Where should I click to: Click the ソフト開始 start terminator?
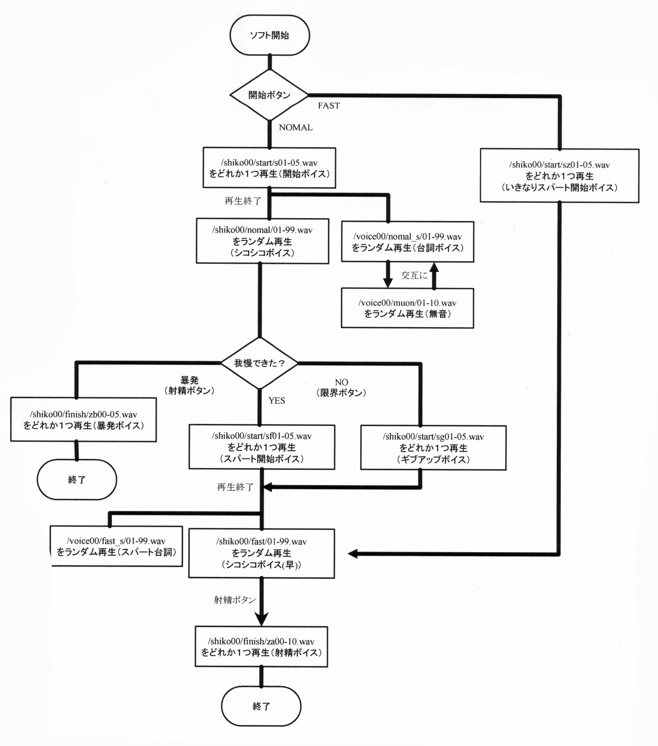[270, 35]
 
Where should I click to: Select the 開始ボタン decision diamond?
[269, 95]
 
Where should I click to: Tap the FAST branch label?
[328, 106]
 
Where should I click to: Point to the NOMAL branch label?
[295, 128]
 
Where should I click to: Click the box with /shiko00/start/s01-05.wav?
[269, 168]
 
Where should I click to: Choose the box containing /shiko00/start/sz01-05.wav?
[559, 175]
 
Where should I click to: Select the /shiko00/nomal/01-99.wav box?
[262, 241]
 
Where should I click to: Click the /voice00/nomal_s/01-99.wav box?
[407, 242]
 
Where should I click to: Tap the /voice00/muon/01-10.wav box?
[407, 308]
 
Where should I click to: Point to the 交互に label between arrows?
[414, 275]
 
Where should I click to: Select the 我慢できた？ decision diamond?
[260, 363]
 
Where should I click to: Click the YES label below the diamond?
[276, 401]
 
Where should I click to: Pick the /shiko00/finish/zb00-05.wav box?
[84, 420]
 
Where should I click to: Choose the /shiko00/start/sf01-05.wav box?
[262, 447]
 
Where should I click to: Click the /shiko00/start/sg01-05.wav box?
[433, 448]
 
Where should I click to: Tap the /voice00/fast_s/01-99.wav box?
[116, 546]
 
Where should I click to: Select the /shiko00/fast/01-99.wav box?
[261, 553]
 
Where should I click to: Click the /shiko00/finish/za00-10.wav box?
[261, 647]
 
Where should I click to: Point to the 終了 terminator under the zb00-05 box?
[77, 480]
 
